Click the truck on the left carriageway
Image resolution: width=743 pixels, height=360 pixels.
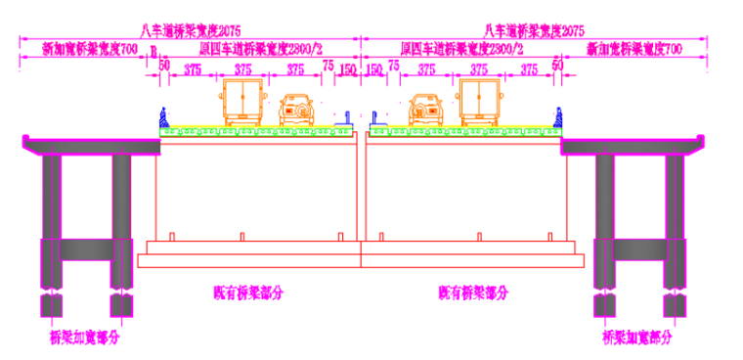(240, 102)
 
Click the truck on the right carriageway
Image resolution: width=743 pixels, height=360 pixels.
(479, 102)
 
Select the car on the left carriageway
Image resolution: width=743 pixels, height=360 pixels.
(294, 110)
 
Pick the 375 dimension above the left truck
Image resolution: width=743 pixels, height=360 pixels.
(240, 69)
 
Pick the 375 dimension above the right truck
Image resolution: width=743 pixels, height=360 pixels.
(478, 69)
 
